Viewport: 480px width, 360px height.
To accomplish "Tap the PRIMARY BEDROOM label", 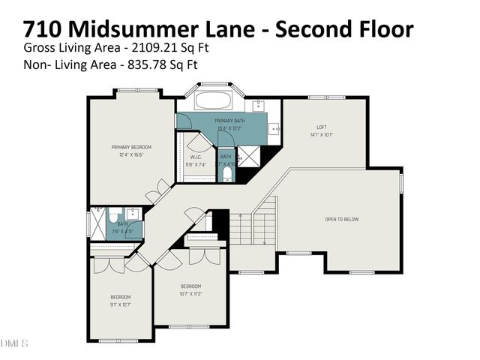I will click(x=131, y=146).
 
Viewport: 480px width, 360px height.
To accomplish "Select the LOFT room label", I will click(x=322, y=127).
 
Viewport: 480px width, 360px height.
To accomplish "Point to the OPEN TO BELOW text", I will click(x=341, y=220).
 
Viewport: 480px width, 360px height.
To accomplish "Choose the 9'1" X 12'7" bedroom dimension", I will click(x=121, y=305).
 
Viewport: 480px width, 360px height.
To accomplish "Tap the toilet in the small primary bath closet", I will click(x=227, y=173).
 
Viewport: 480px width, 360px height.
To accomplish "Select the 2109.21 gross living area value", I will click(x=154, y=48).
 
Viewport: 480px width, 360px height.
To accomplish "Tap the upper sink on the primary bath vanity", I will click(x=259, y=106).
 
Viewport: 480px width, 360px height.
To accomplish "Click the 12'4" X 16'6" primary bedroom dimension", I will click(x=131, y=154).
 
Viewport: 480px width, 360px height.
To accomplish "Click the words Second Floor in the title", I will click(x=344, y=29).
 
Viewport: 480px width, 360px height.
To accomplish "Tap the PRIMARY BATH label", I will click(x=229, y=121).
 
